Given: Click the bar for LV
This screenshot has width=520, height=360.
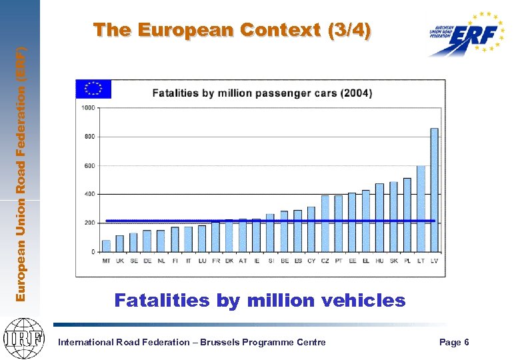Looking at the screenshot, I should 434,190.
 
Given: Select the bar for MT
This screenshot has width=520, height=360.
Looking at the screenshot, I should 106,246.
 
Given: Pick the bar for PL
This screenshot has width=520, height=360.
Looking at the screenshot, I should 407,215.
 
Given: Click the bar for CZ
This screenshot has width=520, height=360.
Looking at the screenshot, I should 325,223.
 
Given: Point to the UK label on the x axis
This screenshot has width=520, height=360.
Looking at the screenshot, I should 120,261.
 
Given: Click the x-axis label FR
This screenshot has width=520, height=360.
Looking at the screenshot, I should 215,261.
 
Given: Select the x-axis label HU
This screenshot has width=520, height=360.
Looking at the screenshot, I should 379,261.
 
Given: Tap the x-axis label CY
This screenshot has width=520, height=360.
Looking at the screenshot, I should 311,261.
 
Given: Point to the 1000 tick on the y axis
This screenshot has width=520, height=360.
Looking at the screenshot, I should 88,108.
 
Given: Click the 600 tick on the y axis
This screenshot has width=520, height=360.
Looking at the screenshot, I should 89,165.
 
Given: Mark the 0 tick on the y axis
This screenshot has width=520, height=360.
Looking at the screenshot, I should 93,252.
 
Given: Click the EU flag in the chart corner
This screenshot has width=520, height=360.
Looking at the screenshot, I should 93,89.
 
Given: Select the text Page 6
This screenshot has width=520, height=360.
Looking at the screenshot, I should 454,342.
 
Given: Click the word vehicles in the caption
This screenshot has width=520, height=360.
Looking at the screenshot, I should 363,301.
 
